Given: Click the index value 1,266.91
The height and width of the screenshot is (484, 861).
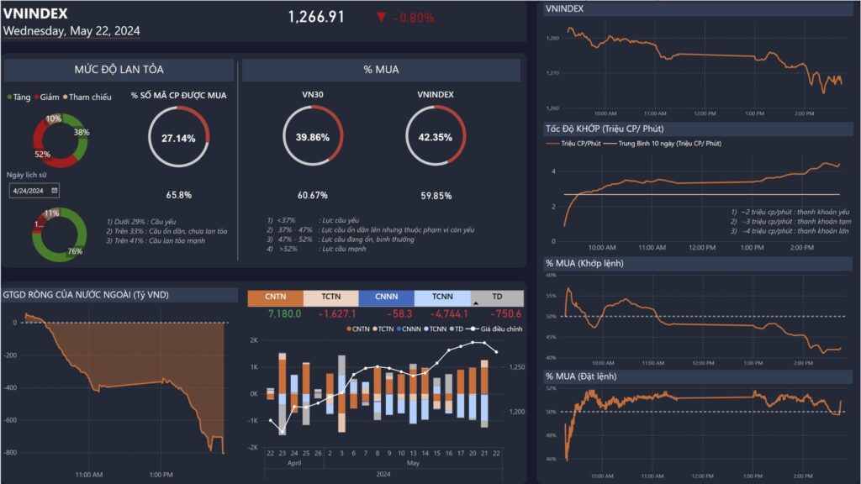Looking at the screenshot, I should click(316, 17).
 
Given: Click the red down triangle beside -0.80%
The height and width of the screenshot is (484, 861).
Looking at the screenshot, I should click(382, 17).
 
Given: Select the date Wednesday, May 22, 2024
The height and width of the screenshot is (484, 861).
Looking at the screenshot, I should click(71, 30).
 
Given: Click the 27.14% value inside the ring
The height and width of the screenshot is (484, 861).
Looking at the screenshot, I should click(177, 138).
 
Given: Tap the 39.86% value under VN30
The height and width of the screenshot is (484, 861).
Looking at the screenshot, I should click(313, 138).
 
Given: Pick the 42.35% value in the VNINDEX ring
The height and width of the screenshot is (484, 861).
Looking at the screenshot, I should click(435, 138).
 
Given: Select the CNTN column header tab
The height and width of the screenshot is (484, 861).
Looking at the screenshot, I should click(275, 297).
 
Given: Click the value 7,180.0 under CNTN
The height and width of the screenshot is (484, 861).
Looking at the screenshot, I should click(283, 313).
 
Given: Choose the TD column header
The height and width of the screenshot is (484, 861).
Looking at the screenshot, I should click(498, 297).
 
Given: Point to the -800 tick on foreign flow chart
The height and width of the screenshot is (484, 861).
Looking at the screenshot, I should click(10, 453).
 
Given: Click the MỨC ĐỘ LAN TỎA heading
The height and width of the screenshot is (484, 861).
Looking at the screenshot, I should click(118, 71).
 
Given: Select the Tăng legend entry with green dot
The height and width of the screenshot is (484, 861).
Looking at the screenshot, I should click(18, 97).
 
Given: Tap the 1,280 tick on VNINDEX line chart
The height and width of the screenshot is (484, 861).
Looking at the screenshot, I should click(552, 39).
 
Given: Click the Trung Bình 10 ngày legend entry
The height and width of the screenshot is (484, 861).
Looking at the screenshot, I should click(669, 144).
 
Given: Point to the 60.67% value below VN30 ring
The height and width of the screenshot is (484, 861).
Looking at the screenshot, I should click(313, 195).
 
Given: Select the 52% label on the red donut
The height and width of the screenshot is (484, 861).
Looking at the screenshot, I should click(42, 154).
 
